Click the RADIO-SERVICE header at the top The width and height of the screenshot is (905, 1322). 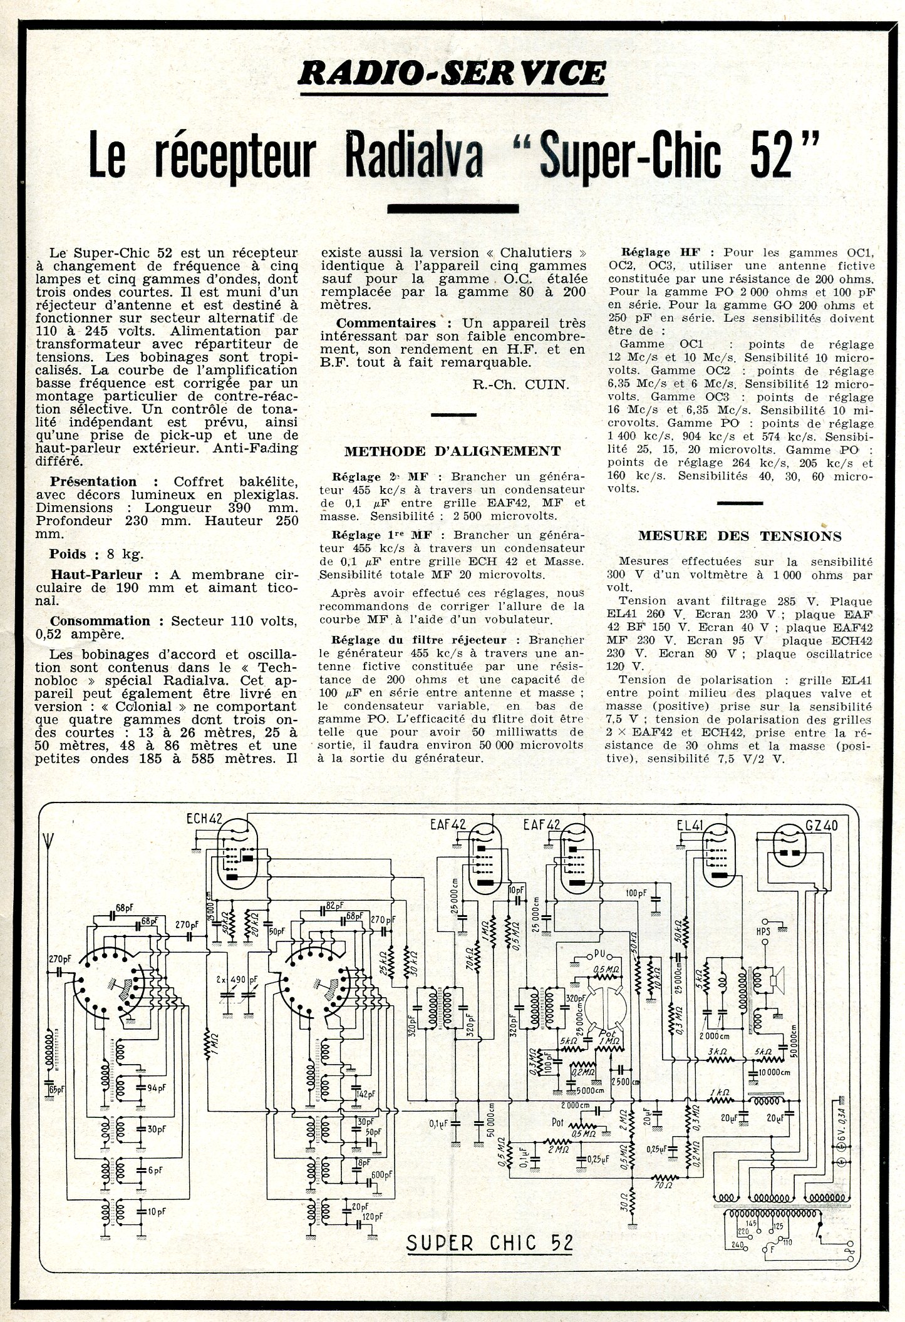[x=453, y=73]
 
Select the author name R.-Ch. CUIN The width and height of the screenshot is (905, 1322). [x=521, y=384]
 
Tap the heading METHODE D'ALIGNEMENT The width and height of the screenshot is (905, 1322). [x=452, y=451]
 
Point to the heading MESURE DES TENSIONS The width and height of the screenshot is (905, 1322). [x=740, y=536]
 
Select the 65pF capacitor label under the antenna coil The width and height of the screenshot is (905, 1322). [x=58, y=1090]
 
